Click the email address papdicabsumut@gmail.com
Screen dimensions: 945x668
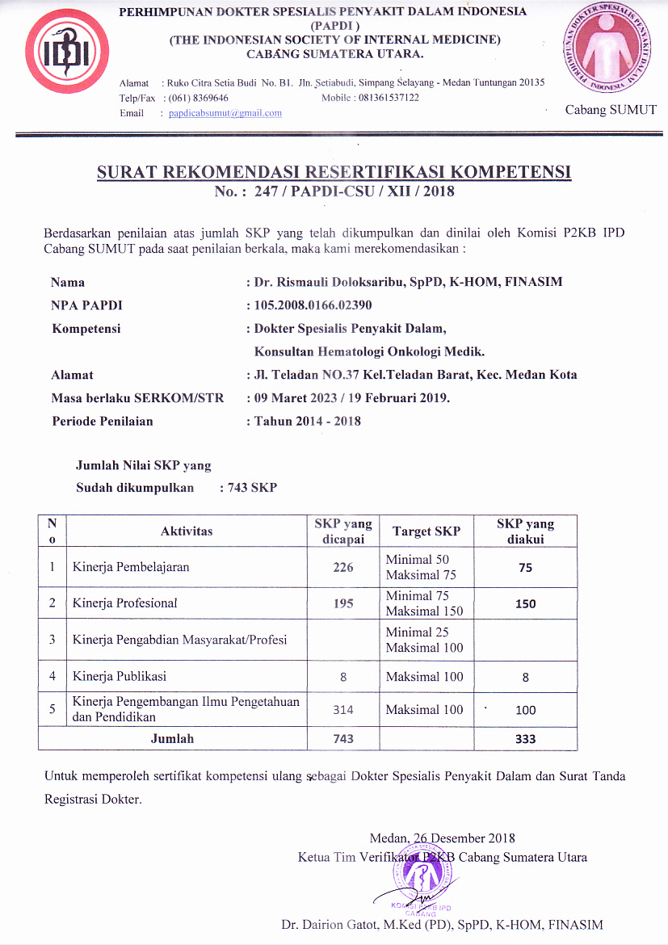[225, 113]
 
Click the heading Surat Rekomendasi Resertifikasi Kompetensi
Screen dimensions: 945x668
[334, 172]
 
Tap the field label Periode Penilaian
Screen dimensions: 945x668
[102, 421]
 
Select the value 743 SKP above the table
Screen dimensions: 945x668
[252, 488]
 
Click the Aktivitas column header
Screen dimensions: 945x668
[187, 531]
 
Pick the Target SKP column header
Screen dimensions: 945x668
[426, 531]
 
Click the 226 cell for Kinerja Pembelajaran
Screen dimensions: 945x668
[343, 567]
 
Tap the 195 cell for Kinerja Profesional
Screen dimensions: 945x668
[343, 603]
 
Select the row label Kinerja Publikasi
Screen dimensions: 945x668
[120, 676]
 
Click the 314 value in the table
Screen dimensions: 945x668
[343, 710]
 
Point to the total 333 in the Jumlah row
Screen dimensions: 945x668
[525, 739]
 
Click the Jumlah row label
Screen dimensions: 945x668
[172, 738]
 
